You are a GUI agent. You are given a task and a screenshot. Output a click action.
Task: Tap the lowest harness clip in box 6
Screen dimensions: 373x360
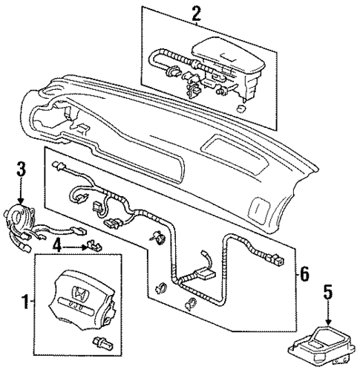click(192, 301)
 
